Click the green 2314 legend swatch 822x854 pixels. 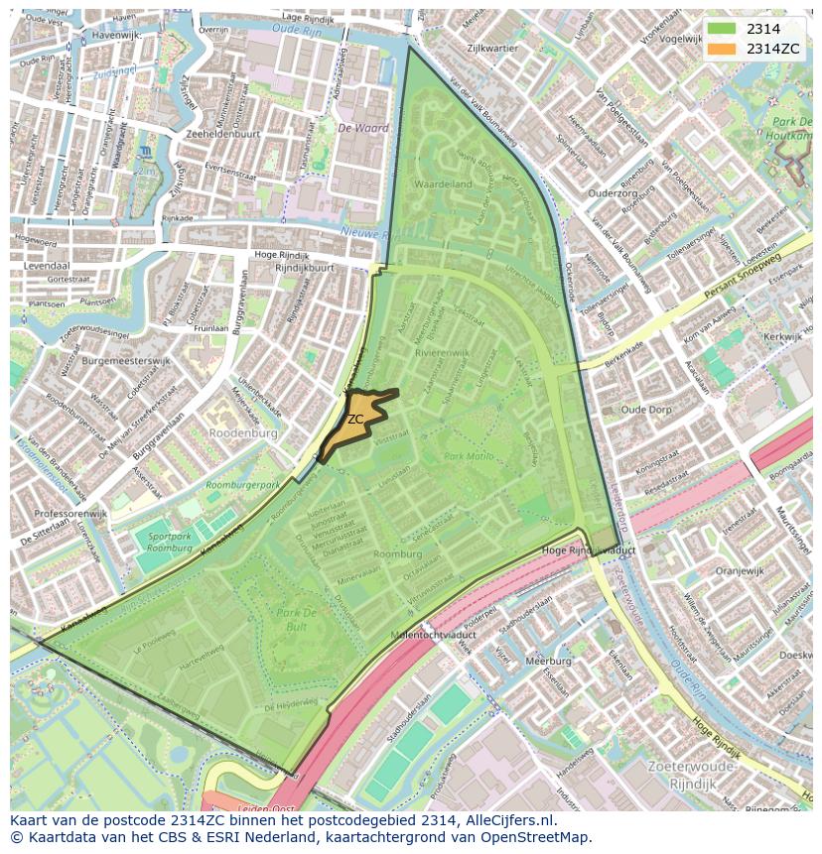pos(722,29)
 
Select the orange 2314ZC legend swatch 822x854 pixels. pos(722,49)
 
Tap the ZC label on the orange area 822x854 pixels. pos(355,420)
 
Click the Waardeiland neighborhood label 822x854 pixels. pos(443,184)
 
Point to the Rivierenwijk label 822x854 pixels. pos(443,352)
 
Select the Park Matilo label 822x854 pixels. pos(469,456)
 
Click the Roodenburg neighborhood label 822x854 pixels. pos(242,433)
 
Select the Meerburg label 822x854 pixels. pos(548,660)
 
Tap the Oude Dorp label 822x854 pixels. pos(645,409)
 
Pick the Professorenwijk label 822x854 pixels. pos(70,514)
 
